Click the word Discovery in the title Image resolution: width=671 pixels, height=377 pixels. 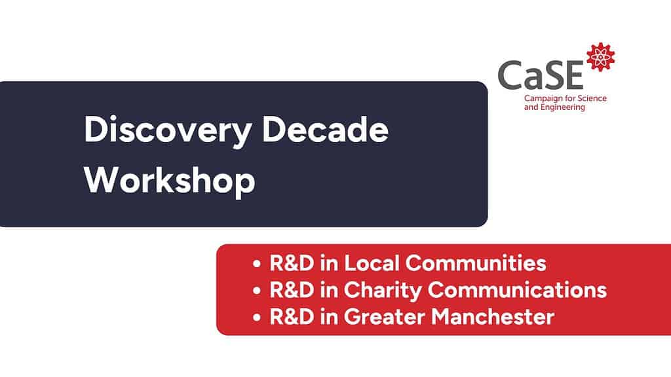[x=168, y=131]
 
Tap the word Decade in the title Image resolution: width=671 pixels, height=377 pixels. [x=325, y=129]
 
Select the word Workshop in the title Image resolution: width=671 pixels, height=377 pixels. [x=170, y=181]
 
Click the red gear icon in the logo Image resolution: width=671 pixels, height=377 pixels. [x=600, y=57]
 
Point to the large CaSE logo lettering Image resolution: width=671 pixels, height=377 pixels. [x=541, y=75]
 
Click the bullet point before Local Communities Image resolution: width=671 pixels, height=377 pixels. [x=257, y=263]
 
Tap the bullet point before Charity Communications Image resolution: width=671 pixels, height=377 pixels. [x=257, y=290]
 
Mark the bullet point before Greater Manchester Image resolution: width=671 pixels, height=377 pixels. [x=257, y=317]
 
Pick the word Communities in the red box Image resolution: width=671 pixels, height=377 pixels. [x=476, y=263]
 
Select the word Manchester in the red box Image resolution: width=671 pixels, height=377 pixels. [x=493, y=317]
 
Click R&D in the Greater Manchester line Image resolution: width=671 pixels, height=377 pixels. [x=292, y=317]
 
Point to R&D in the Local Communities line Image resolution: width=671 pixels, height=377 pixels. [x=292, y=263]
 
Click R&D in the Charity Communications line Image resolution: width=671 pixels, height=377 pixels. [x=292, y=290]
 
